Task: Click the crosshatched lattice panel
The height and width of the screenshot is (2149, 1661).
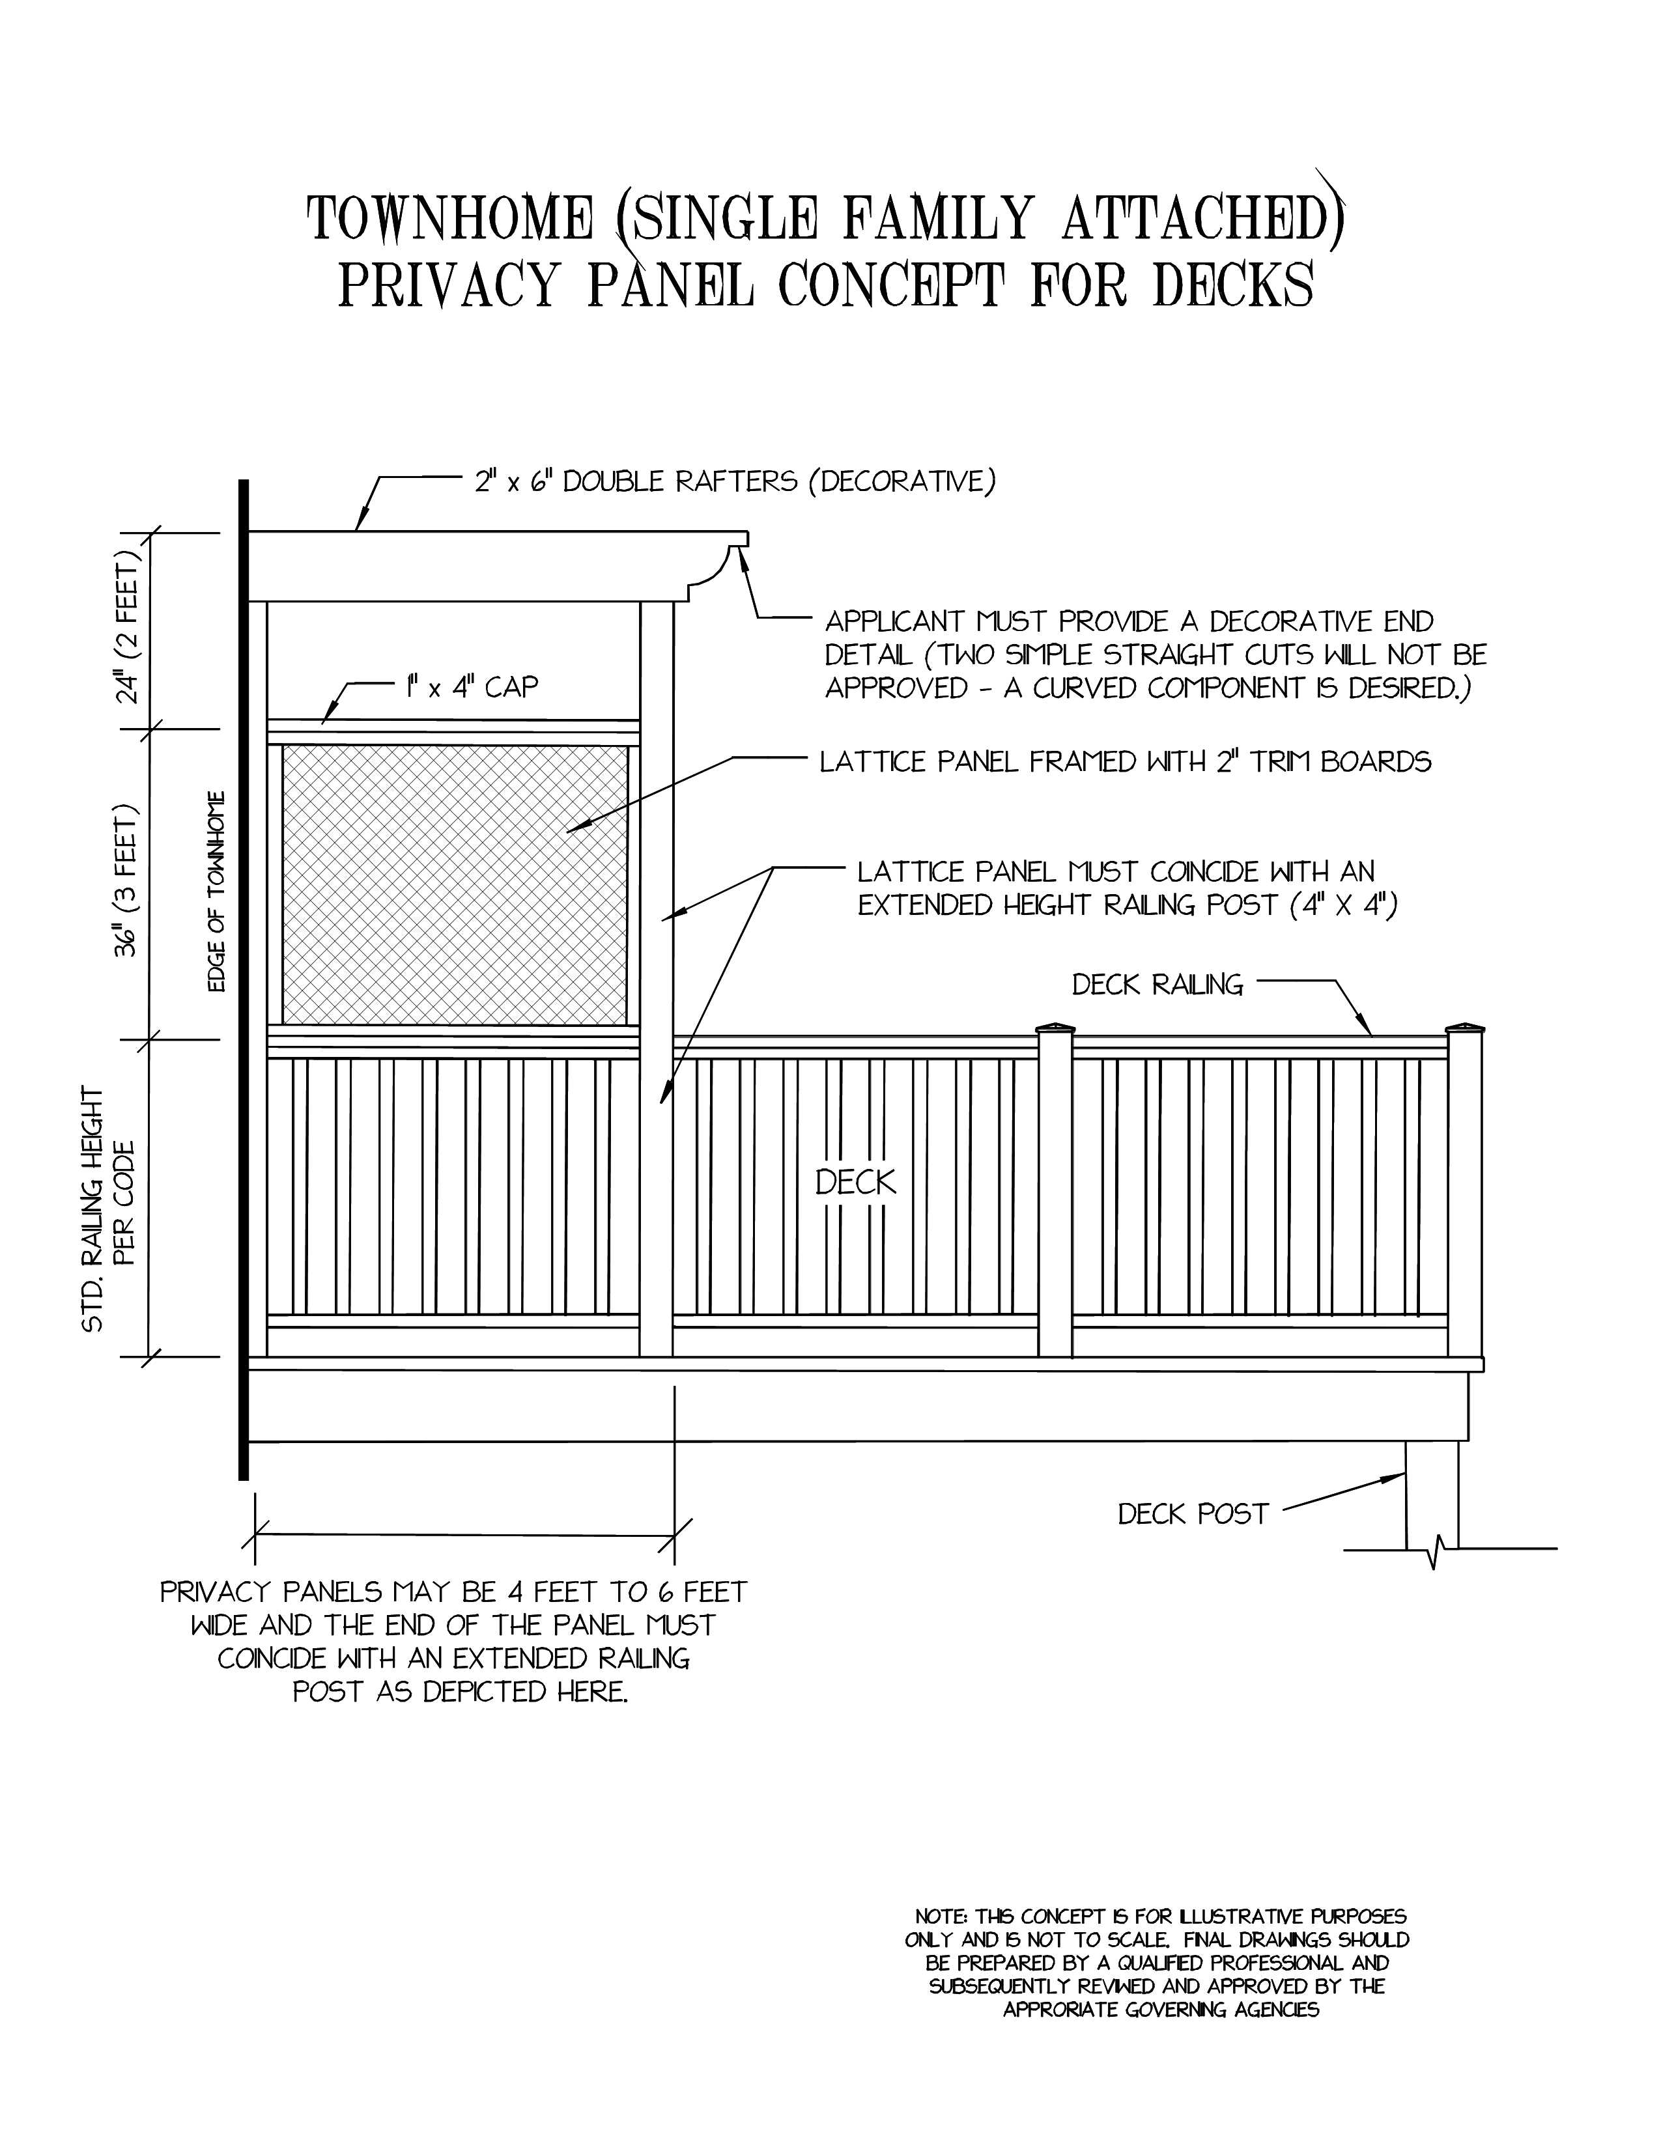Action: pos(455,884)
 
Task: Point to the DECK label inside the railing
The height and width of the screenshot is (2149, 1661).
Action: pos(856,1182)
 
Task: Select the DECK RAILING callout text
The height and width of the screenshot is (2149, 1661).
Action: pos(1157,984)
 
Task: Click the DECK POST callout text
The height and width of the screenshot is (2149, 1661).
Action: pos(1193,1513)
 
